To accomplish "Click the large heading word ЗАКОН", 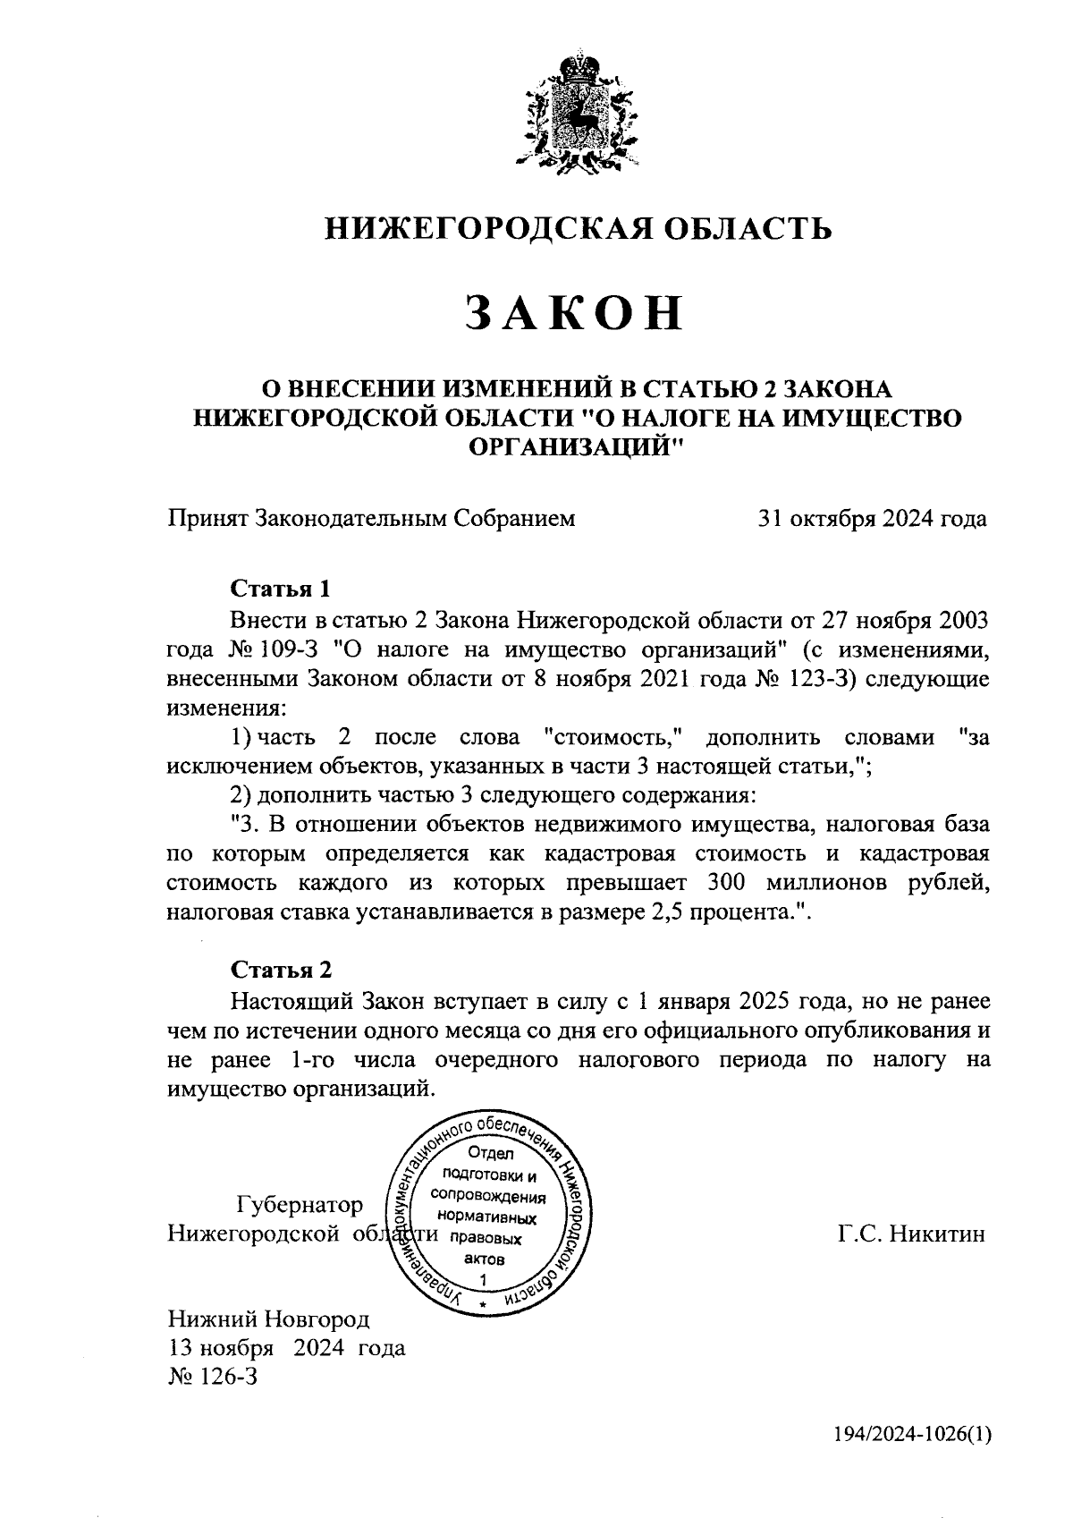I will click(577, 314).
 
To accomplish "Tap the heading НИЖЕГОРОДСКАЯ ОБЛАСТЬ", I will click(577, 229).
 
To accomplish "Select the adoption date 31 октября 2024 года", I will click(872, 519).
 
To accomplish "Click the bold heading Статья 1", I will click(281, 589).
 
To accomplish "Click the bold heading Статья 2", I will click(281, 971).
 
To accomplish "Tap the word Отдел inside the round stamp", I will click(485, 1154).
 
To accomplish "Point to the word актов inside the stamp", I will click(485, 1259).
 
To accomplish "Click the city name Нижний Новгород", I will click(268, 1319).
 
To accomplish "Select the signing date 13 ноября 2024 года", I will click(286, 1348).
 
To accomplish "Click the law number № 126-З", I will click(212, 1377).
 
